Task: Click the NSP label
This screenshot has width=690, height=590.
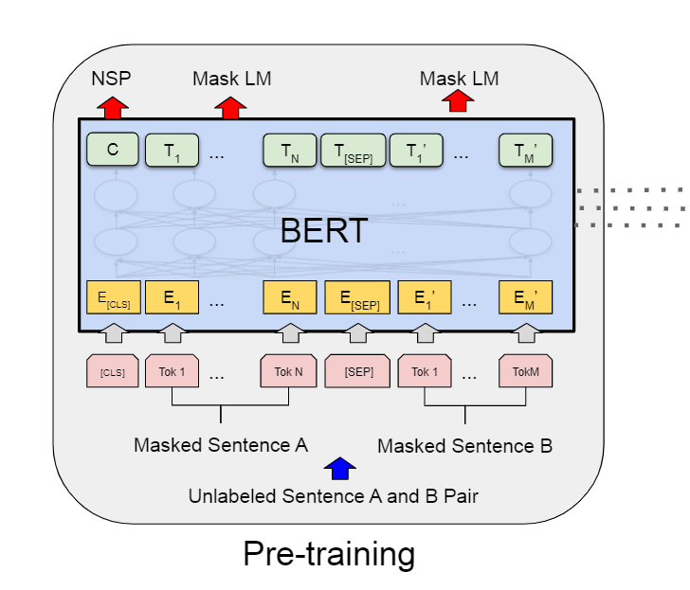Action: (x=112, y=79)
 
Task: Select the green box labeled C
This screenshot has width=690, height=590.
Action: (x=113, y=149)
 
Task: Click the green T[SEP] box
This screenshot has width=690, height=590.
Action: (x=354, y=151)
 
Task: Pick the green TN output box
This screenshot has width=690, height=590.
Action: (x=288, y=151)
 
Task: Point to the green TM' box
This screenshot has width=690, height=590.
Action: (x=526, y=151)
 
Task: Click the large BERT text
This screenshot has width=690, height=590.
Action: (x=323, y=229)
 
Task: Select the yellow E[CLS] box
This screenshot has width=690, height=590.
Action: (x=113, y=298)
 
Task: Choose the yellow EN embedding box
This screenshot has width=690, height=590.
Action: (x=289, y=298)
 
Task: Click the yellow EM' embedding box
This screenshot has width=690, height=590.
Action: (x=526, y=298)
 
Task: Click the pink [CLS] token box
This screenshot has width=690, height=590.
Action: (x=113, y=371)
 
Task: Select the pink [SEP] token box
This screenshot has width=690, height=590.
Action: (x=357, y=371)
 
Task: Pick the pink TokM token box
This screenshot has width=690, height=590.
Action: (x=526, y=371)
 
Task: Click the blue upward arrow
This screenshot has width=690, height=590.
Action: (x=339, y=468)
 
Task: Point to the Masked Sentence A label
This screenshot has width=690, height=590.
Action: (x=221, y=445)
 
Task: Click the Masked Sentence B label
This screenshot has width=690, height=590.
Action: (x=464, y=445)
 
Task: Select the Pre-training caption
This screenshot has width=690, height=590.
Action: (x=329, y=554)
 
